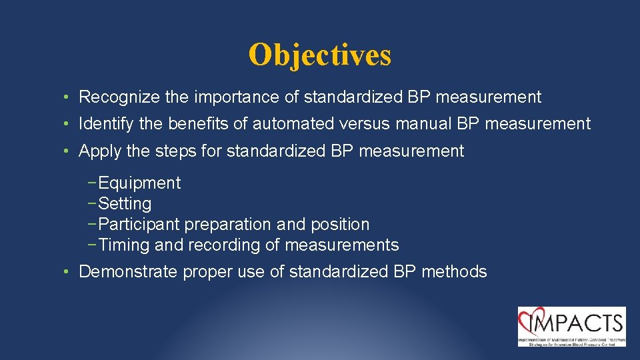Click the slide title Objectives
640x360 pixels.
(319, 55)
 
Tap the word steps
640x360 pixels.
(177, 151)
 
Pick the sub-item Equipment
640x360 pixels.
(139, 183)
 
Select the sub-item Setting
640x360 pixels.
(125, 204)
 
